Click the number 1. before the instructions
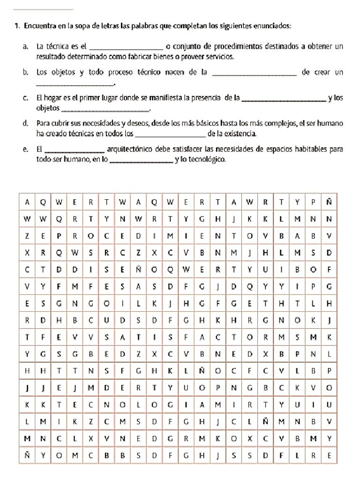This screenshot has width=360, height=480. (16, 26)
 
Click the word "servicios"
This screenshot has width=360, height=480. (219, 57)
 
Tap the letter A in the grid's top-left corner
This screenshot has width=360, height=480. (27, 202)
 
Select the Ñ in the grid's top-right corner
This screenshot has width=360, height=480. (329, 202)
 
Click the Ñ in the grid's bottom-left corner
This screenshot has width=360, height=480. (27, 455)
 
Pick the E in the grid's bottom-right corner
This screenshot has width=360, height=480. (329, 455)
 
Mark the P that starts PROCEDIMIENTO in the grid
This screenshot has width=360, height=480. (59, 236)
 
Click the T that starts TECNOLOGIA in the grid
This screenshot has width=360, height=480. (59, 404)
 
